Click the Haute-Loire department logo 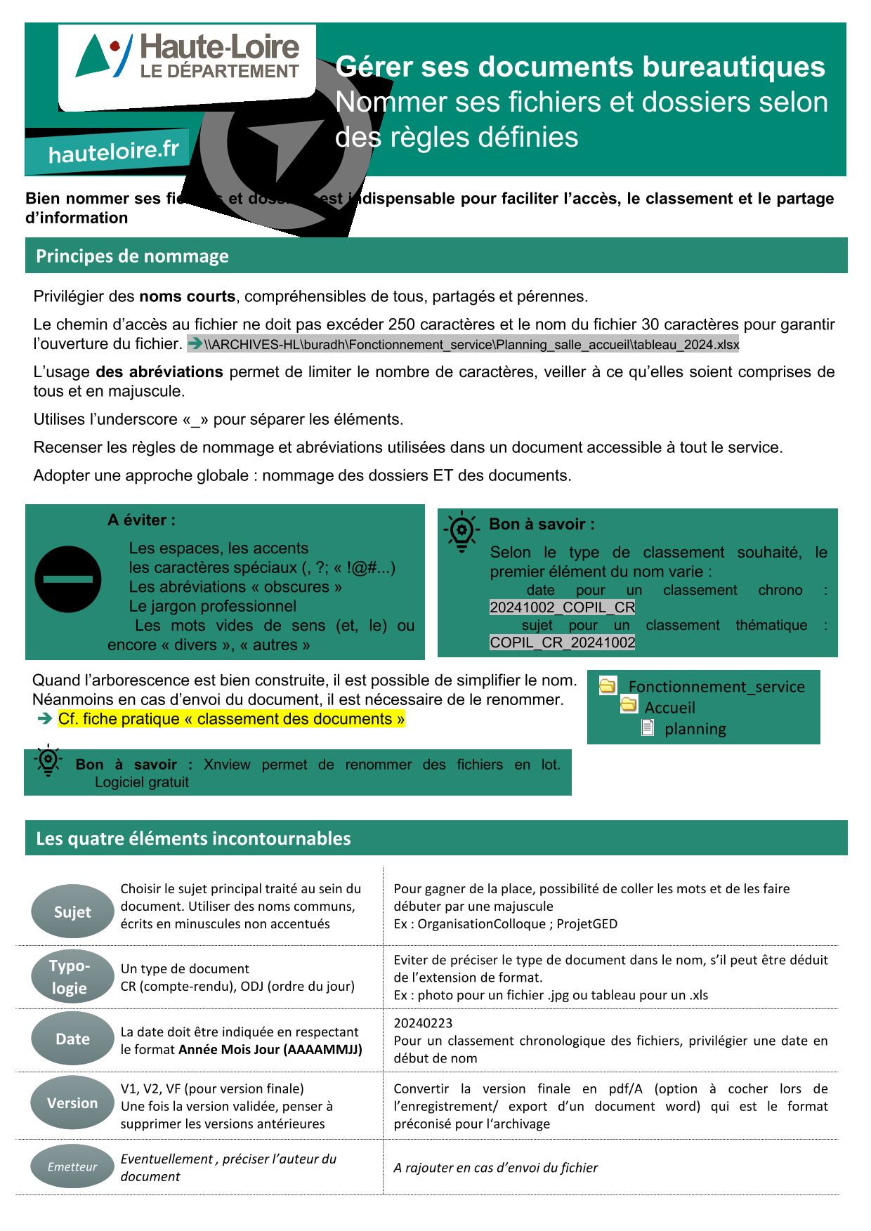[x=188, y=58]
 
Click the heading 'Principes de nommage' [x=132, y=256]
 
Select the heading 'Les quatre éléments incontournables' [x=193, y=838]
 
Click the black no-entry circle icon [x=68, y=579]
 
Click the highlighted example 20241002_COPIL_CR [x=562, y=607]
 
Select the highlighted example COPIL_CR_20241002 [x=562, y=643]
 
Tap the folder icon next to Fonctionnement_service [x=608, y=686]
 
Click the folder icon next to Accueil [x=629, y=705]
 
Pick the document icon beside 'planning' [x=648, y=728]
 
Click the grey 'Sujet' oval [x=72, y=911]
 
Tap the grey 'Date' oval [x=72, y=1039]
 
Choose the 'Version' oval [x=72, y=1103]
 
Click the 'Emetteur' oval [x=72, y=1167]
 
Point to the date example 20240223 [x=423, y=1023]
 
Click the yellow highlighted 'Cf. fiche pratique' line [x=231, y=719]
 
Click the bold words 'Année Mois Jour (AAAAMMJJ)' [x=270, y=1050]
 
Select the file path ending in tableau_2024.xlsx [x=471, y=345]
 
